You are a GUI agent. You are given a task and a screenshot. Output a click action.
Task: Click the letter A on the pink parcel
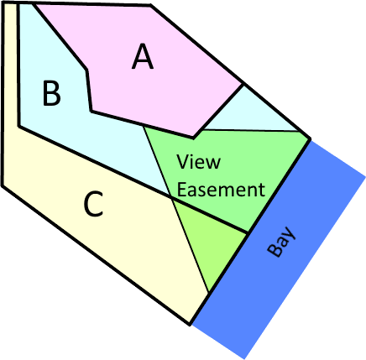coord(143,56)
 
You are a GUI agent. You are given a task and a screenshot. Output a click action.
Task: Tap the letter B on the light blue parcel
coord(52,93)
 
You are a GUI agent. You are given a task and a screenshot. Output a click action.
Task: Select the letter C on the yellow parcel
coord(93,204)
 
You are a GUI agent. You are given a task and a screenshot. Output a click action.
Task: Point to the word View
coord(198,161)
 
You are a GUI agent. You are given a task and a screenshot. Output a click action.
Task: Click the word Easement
coord(221,190)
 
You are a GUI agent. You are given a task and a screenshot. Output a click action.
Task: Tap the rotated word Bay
coord(280,242)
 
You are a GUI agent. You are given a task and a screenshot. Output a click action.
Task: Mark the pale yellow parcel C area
coord(92,212)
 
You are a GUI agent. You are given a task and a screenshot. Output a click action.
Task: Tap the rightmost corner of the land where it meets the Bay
coord(310,138)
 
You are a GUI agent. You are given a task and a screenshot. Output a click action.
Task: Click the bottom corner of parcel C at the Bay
coord(190,325)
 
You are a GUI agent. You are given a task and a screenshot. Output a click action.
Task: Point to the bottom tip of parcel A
coord(193,138)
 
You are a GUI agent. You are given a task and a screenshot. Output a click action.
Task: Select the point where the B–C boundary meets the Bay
coord(248,232)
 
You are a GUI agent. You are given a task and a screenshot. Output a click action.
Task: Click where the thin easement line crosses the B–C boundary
coord(171,197)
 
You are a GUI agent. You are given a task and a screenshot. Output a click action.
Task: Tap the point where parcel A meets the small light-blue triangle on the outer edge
coord(243,84)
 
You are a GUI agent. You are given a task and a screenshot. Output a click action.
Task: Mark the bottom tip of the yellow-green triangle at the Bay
coord(209,292)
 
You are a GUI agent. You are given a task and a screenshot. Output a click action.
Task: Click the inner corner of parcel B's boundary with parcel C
coord(19,127)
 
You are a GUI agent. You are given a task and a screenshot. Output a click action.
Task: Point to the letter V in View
coord(182,162)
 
